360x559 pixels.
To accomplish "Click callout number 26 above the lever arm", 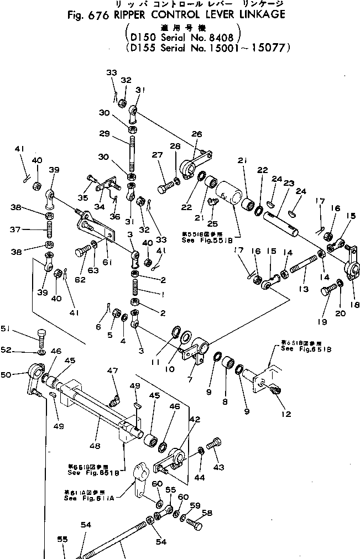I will click(197, 134).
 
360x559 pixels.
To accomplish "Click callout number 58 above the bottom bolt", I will click(206, 513).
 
